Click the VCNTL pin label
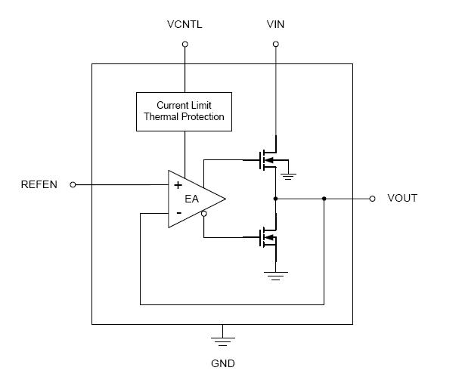click(184, 25)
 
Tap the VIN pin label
click(275, 25)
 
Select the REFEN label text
click(39, 184)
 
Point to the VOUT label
click(402, 199)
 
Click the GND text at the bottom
click(222, 363)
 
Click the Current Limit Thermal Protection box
click(184, 111)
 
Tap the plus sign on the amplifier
click(178, 184)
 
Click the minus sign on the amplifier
click(178, 214)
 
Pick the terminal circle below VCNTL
click(184, 45)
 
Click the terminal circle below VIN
click(275, 45)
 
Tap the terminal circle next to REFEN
click(73, 184)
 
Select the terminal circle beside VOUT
click(372, 199)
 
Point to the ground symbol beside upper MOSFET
click(289, 178)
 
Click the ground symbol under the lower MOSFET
click(275, 276)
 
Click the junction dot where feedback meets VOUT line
click(324, 199)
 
